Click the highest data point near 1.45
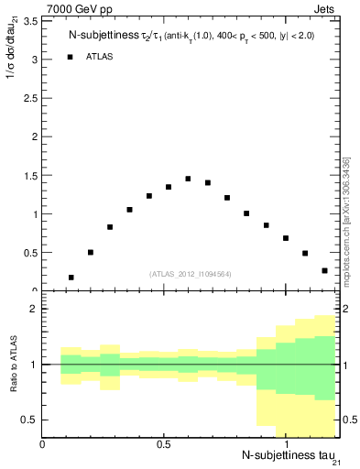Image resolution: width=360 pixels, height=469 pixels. pyautogui.click(x=188, y=179)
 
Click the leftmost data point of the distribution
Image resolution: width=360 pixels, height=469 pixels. pyautogui.click(x=71, y=277)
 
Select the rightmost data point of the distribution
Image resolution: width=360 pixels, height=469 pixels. pyautogui.click(x=324, y=270)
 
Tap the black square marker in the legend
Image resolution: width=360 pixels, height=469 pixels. pyautogui.click(x=71, y=57)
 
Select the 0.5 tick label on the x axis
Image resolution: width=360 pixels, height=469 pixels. pyautogui.click(x=164, y=443)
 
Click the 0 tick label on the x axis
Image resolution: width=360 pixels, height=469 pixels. pyautogui.click(x=43, y=443)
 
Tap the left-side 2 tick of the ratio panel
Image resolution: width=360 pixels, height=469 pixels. pyautogui.click(x=34, y=310)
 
